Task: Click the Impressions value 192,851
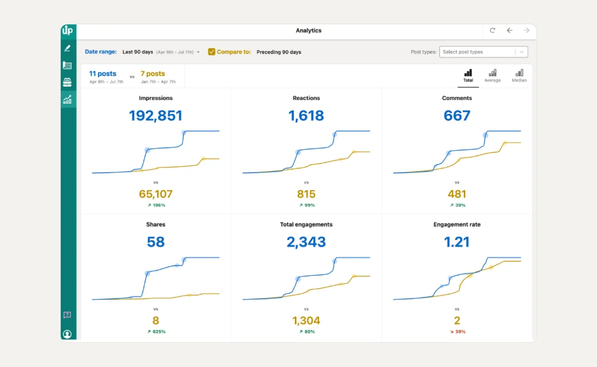[x=156, y=116]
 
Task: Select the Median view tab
[x=519, y=76]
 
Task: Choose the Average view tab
[x=492, y=76]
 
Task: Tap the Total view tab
[x=468, y=76]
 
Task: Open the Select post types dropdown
[x=483, y=52]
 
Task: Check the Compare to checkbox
[x=211, y=52]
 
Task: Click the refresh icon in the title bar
[x=493, y=30]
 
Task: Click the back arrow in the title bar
[x=509, y=30]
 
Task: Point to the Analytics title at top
[x=308, y=30]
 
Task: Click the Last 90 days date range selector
[x=161, y=52]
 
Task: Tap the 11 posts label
[x=102, y=74]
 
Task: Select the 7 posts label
[x=153, y=74]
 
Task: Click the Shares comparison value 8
[x=156, y=320]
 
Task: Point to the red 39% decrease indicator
[x=457, y=332]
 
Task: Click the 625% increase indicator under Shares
[x=156, y=332]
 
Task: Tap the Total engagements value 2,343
[x=306, y=242]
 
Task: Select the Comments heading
[x=457, y=98]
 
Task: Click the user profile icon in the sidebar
[x=67, y=334]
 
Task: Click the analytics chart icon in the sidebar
[x=67, y=100]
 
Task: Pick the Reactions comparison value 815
[x=306, y=194]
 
